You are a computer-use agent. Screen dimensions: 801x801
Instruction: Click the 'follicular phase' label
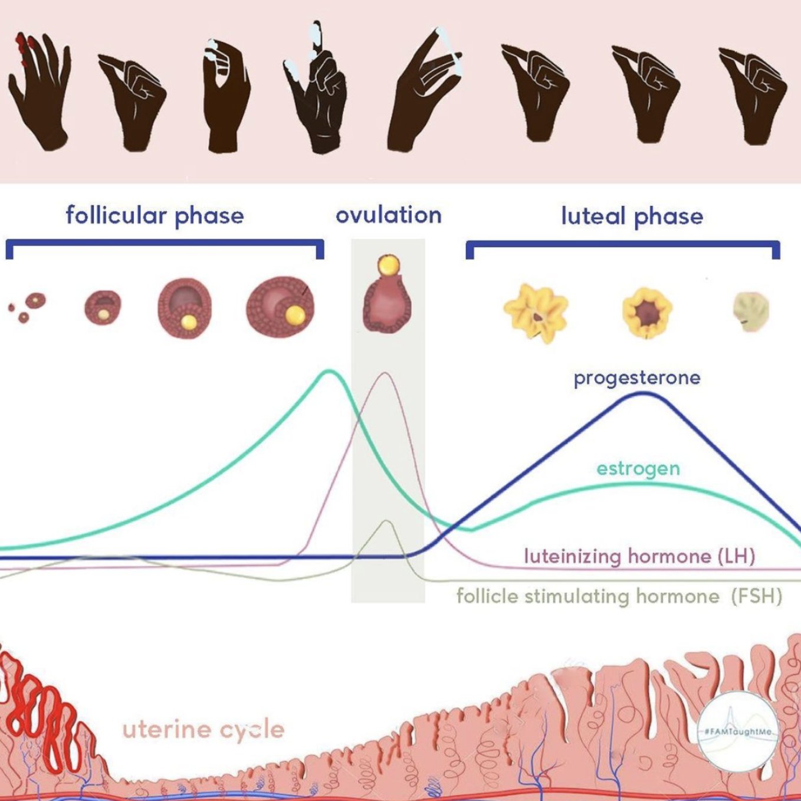pyautogui.click(x=155, y=216)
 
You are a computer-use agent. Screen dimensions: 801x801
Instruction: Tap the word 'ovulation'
pyautogui.click(x=388, y=215)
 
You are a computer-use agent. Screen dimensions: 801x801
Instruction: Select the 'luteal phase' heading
pyautogui.click(x=632, y=216)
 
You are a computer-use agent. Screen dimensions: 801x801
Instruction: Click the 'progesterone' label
pyautogui.click(x=637, y=377)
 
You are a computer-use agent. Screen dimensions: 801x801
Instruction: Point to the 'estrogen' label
pyautogui.click(x=638, y=469)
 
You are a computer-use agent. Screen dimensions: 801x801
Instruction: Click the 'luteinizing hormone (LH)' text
pyautogui.click(x=639, y=556)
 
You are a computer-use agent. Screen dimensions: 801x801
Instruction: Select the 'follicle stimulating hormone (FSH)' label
pyautogui.click(x=619, y=596)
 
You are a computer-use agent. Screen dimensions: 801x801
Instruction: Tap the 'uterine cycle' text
pyautogui.click(x=203, y=730)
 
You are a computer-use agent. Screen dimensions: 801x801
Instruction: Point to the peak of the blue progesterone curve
pyautogui.click(x=642, y=393)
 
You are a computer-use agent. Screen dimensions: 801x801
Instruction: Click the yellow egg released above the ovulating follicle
pyautogui.click(x=388, y=265)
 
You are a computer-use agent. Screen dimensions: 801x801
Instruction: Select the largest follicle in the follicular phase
pyautogui.click(x=280, y=308)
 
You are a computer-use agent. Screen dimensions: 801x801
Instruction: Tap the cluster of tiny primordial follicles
pyautogui.click(x=27, y=307)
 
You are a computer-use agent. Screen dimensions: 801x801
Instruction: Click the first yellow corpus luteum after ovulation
pyautogui.click(x=536, y=313)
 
